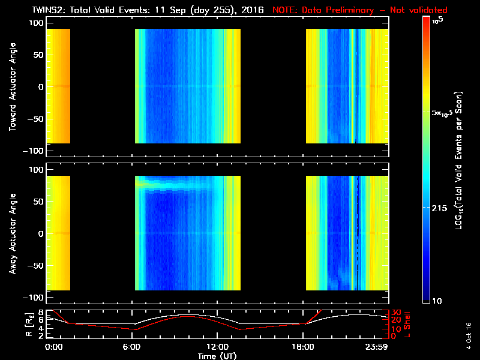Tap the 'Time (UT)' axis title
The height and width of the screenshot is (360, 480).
point(217,356)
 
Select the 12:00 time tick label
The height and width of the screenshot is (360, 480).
point(217,347)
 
